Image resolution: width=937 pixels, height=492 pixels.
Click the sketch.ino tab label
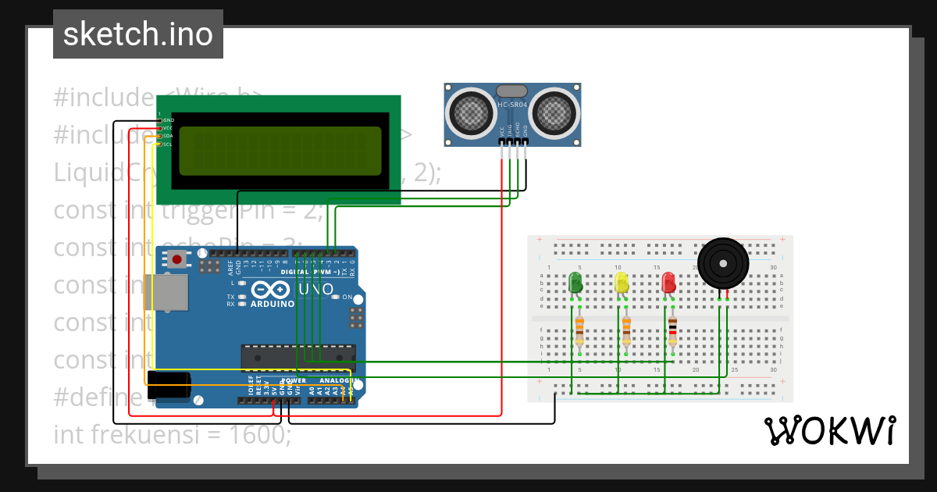[x=138, y=34]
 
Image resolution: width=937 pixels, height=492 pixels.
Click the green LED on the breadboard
[x=575, y=282]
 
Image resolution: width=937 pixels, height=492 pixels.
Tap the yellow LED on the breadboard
[x=622, y=282]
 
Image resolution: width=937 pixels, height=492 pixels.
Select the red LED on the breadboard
[x=668, y=282]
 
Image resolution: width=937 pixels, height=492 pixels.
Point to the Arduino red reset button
[x=177, y=259]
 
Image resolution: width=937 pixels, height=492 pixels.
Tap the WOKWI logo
[x=829, y=431]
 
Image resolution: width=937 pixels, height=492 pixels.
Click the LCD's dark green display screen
[x=280, y=151]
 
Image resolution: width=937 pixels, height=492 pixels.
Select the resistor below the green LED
[x=579, y=331]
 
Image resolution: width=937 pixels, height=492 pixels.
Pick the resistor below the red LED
[x=672, y=331]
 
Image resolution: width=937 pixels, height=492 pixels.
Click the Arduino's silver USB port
[x=167, y=293]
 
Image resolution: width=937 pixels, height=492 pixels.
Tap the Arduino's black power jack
[x=169, y=385]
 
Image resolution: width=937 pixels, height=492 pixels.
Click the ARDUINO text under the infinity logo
[x=273, y=304]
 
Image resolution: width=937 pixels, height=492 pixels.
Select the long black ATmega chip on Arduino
[x=298, y=357]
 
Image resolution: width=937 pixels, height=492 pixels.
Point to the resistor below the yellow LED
[x=626, y=331]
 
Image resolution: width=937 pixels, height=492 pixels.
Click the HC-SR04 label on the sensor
[x=513, y=105]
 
